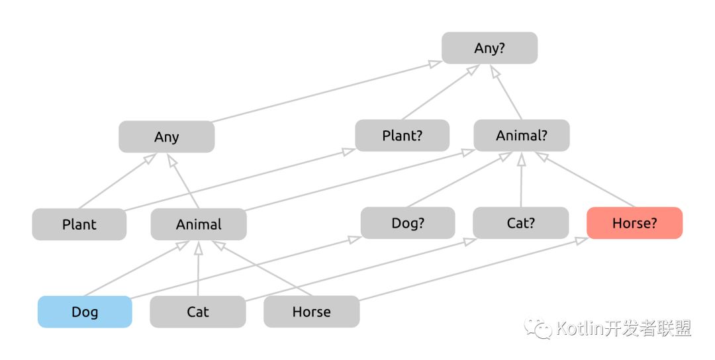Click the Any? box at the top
(489, 48)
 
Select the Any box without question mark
(166, 137)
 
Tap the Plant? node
(402, 136)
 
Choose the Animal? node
(522, 136)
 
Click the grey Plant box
(79, 224)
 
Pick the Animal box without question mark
(199, 224)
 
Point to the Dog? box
(408, 223)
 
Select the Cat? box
(520, 223)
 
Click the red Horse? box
(634, 223)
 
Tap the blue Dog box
(85, 312)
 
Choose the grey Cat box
(197, 312)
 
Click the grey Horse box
(311, 312)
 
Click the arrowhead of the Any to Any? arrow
(434, 64)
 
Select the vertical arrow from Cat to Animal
(198, 271)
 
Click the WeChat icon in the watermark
(538, 328)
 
